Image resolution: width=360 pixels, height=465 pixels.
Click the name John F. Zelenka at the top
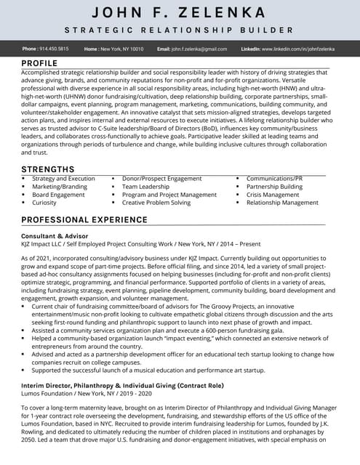tap(180, 13)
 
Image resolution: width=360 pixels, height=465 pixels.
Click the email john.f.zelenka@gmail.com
tap(199, 49)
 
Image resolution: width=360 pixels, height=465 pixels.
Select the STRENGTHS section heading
tap(47, 169)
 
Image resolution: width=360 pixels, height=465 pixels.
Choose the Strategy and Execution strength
tap(63, 179)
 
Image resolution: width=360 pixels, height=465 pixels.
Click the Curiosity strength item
tap(44, 203)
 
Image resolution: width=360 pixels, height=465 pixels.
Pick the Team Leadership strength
tap(145, 187)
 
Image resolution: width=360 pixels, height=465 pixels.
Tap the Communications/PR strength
tap(274, 179)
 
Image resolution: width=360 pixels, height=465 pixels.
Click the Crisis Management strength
tap(273, 195)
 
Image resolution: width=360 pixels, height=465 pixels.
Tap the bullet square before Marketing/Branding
tap(23, 187)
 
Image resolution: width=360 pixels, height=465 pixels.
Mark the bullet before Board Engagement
tap(23, 195)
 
